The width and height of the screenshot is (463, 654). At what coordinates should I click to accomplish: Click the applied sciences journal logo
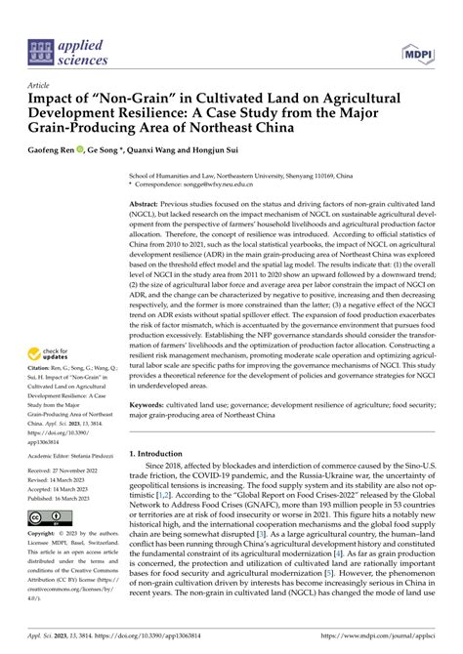59,51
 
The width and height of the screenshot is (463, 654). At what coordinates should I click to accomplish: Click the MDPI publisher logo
418,51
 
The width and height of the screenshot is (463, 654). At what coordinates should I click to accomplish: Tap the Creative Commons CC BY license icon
46,518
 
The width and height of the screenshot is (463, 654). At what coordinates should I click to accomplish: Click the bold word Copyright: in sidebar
45,535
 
